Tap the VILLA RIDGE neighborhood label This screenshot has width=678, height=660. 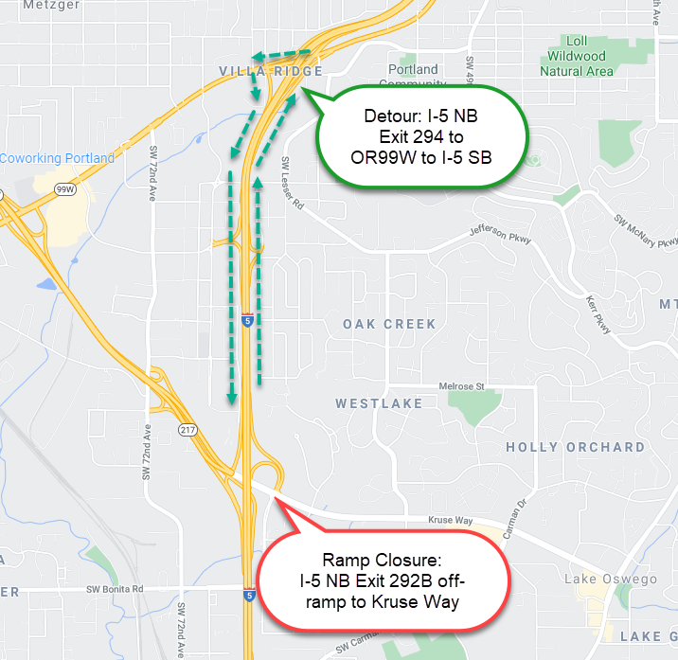coord(271,72)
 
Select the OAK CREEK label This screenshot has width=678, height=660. coord(390,324)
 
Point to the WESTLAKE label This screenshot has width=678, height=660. coord(379,403)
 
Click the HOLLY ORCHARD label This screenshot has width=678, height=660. coord(575,447)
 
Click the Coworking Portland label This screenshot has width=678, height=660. coord(57,158)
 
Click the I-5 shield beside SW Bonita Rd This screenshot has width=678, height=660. coord(248,596)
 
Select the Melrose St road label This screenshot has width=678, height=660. coord(462,386)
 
